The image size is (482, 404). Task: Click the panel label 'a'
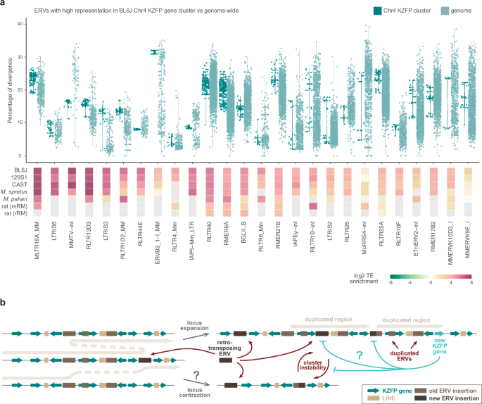click(x=4, y=4)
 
